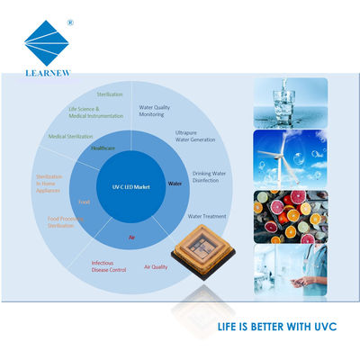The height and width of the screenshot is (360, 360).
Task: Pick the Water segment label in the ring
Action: pos(175,183)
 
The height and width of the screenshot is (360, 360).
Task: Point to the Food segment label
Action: pos(84,202)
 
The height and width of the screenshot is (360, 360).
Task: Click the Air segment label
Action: pos(131,237)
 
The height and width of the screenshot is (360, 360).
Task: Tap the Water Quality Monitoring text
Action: pos(155,111)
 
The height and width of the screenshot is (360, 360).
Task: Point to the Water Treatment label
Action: pos(207,216)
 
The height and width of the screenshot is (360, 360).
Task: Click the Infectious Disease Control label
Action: pos(109,266)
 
